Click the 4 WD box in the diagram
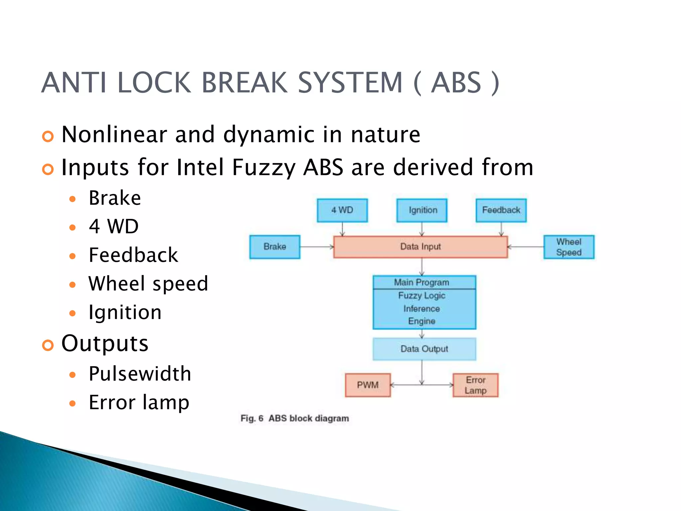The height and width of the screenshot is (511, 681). click(342, 210)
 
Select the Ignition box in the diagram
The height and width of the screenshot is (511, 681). click(422, 210)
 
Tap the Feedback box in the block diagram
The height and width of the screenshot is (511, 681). click(501, 210)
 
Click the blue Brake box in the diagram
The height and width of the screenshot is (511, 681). click(275, 247)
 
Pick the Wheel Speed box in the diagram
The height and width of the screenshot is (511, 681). click(569, 247)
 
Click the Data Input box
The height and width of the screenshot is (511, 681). click(420, 247)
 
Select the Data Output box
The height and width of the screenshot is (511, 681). click(424, 349)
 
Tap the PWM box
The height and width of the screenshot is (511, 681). click(368, 385)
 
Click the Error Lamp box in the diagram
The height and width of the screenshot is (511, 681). click(476, 385)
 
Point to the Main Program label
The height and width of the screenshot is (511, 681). click(421, 282)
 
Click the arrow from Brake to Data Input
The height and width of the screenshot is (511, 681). click(317, 247)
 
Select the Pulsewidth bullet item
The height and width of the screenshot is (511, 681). click(140, 374)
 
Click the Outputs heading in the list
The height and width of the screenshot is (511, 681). click(105, 343)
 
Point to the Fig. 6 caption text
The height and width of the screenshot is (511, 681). click(295, 418)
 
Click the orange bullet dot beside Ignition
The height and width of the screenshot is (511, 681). click(72, 313)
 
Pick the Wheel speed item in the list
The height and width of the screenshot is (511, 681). click(148, 284)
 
